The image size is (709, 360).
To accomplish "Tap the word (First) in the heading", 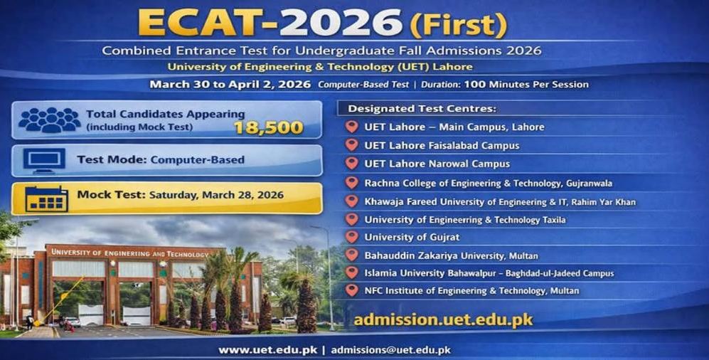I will (459, 26).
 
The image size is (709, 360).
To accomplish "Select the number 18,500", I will (268, 128).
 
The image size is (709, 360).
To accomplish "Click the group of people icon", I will (48, 120).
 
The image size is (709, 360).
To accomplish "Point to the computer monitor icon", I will (43, 160).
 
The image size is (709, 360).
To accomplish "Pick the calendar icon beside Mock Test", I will (46, 198).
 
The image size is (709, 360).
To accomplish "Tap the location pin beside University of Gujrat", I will (351, 237).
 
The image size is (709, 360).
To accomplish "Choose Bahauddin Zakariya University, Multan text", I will (451, 255).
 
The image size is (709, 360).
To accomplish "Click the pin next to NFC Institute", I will (351, 291).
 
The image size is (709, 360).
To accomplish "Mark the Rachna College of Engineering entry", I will (489, 183).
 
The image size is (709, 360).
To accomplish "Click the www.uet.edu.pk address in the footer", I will (267, 350).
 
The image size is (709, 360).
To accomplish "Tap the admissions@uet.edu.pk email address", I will (391, 350).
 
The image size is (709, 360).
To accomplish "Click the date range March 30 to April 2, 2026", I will (230, 85).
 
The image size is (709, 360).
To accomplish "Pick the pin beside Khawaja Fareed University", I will (351, 201).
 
